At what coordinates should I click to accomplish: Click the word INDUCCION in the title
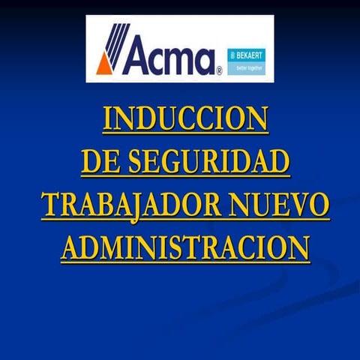(x=184, y=121)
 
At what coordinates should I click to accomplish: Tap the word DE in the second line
(x=97, y=163)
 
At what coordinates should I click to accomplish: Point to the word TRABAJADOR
(x=131, y=205)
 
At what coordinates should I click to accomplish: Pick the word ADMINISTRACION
(x=184, y=248)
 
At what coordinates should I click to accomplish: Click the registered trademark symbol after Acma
(x=218, y=71)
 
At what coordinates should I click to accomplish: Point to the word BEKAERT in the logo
(x=253, y=55)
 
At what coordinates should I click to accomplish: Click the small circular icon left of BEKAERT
(x=232, y=55)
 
